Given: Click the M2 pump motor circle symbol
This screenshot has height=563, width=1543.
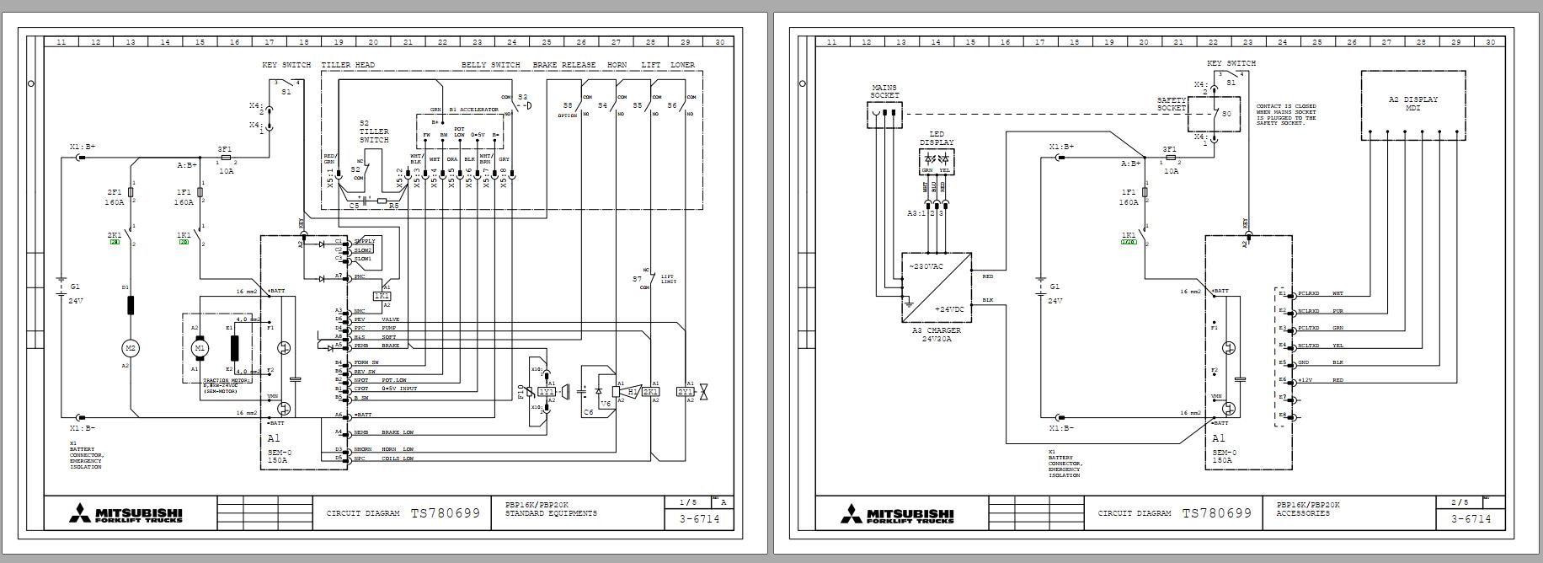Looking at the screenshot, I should [131, 347].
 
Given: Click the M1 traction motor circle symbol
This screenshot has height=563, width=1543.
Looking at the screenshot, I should [200, 347].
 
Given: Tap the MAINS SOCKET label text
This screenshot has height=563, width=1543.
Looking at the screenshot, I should [884, 90].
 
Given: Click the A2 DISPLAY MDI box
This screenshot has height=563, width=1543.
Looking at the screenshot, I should [1412, 105].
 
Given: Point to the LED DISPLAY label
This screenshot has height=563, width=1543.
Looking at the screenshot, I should [937, 138].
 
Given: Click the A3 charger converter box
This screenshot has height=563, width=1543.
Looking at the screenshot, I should [936, 287].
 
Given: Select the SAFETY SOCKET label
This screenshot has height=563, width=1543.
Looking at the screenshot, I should [1172, 105].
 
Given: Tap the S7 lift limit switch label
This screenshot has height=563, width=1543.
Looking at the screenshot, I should [638, 279].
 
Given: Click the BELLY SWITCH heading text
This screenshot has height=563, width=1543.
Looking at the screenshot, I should [490, 65].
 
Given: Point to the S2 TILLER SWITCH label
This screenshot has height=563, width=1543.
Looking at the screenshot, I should [374, 131].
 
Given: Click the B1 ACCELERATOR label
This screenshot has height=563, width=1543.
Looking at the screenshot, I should [473, 110].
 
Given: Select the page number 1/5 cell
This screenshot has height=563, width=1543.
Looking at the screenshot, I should [688, 502].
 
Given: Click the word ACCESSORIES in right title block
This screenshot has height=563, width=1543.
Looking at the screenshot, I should [1304, 513].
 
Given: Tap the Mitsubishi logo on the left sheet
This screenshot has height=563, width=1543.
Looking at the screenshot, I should [125, 513].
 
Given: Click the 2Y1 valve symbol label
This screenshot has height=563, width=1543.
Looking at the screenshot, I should [686, 392].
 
